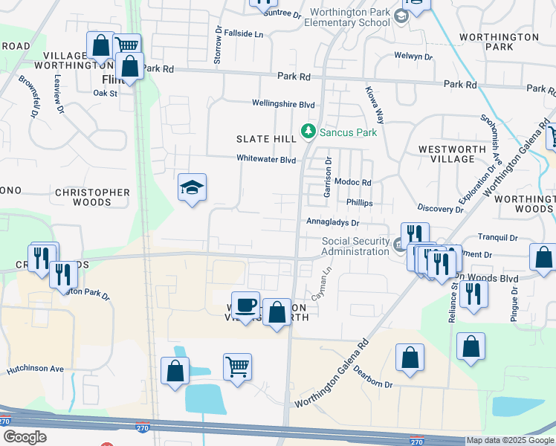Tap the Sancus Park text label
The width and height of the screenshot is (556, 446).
[x=349, y=132]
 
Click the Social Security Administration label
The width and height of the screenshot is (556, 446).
[x=355, y=246]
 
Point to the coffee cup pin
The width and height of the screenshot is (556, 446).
[x=245, y=305]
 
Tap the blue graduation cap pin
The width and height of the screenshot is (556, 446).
[x=192, y=188]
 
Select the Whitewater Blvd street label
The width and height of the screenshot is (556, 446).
[x=266, y=159]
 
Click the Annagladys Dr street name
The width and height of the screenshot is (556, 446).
[x=333, y=222]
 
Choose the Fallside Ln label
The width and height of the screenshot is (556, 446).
[x=244, y=34]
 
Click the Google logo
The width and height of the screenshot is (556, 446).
[x=25, y=436]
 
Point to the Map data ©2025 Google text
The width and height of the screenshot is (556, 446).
[x=510, y=440]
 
